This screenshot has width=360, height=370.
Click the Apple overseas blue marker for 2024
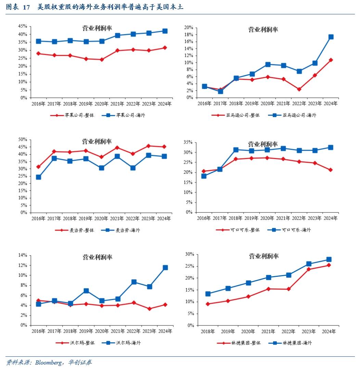[x=165, y=31]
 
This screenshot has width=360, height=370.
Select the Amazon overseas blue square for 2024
[x=331, y=37]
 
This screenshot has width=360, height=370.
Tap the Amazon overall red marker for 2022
[x=299, y=89]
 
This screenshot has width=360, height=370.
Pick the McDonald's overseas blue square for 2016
[x=39, y=177]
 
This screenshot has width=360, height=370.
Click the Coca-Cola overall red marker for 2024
[x=331, y=170]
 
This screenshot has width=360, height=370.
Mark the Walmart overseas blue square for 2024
[x=165, y=268]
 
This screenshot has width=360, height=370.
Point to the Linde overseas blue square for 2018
[x=208, y=294]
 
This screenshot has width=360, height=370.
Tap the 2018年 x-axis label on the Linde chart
[x=208, y=332]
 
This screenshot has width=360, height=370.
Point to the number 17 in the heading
[x=26, y=7]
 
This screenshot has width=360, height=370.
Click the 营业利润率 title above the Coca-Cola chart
[x=263, y=144]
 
